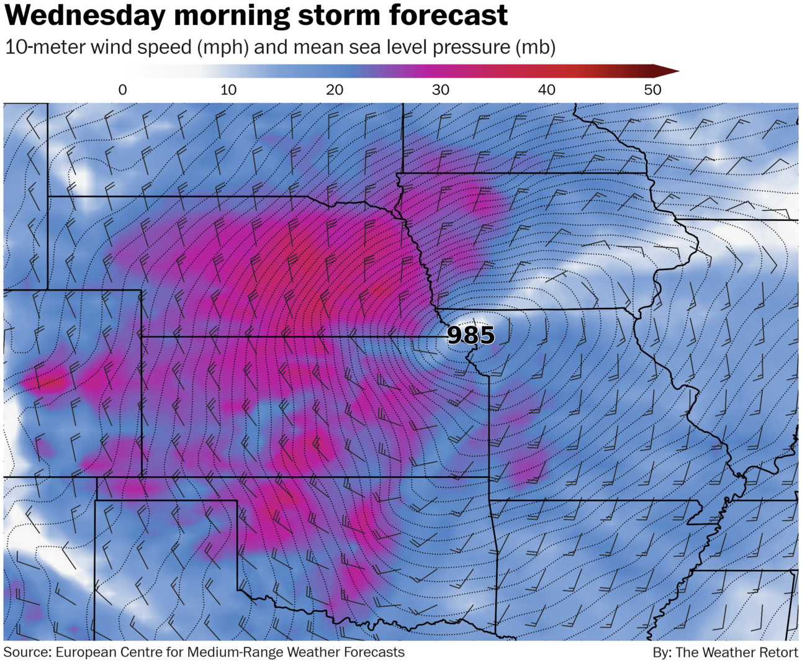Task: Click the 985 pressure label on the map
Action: coord(471,335)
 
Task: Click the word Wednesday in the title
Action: coord(85,16)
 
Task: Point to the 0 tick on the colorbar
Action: coord(122,90)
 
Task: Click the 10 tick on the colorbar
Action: coord(228,90)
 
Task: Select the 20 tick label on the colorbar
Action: coord(335,90)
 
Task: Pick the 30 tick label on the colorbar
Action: coord(441,90)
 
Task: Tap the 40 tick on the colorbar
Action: coord(546,90)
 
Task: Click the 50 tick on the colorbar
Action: coord(652,90)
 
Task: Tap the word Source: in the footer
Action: coord(27,652)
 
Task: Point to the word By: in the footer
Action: coord(662,652)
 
